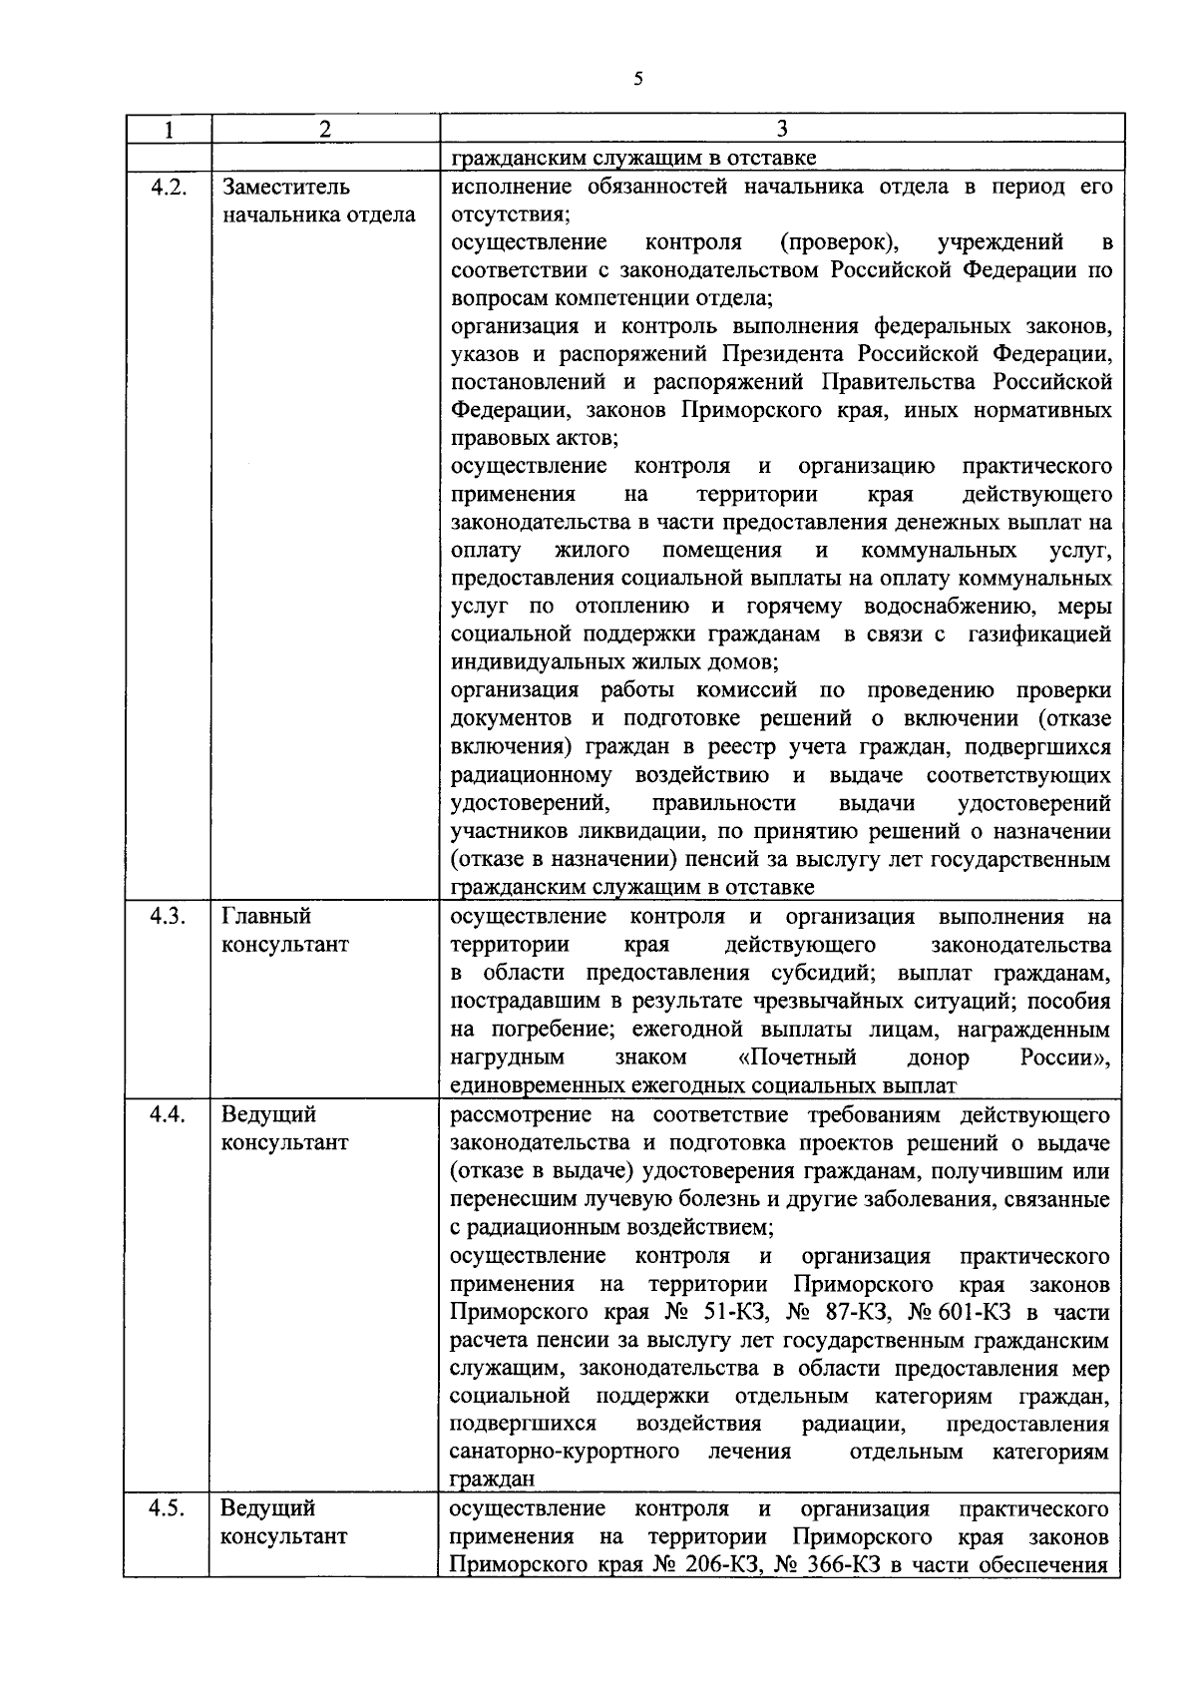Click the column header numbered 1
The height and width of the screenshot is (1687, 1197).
click(168, 129)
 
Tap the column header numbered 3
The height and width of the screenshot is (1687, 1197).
click(781, 129)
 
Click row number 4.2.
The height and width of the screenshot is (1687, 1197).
click(168, 187)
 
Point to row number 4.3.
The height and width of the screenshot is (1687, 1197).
click(168, 916)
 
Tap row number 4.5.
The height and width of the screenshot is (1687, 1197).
click(168, 1507)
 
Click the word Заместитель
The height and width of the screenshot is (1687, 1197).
click(286, 187)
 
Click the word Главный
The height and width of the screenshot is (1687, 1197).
click(266, 916)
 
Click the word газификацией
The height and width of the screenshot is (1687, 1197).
click(1039, 635)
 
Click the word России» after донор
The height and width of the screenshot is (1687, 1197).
click(1065, 1057)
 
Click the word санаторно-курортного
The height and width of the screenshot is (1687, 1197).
click(565, 1452)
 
